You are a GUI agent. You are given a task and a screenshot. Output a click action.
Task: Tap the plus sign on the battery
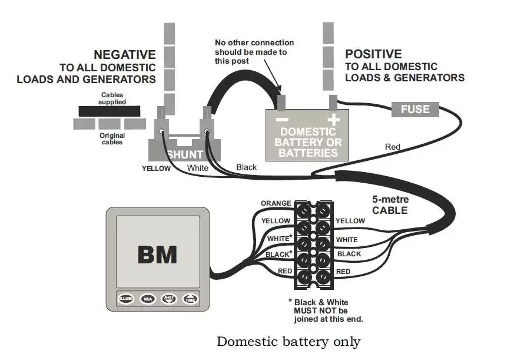pos(334,119)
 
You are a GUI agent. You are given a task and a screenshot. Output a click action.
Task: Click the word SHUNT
pos(185,154)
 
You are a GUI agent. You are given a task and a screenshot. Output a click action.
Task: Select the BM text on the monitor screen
pos(157,255)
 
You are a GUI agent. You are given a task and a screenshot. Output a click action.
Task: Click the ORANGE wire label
pos(276,203)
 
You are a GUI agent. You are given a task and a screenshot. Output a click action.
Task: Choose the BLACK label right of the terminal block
pos(349,254)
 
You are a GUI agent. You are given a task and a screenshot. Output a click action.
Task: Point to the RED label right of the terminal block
pos(343,272)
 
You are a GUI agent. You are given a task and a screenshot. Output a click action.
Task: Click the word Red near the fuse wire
pos(393,146)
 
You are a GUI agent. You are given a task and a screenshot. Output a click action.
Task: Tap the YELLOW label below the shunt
pos(156,169)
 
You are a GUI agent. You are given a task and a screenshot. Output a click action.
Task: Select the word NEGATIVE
pos(125,55)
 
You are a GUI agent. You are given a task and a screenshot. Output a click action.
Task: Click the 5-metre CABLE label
pos(390,205)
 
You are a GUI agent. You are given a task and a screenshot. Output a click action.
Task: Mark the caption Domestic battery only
pos(288,341)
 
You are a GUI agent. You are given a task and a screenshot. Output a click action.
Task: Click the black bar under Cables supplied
pos(110,111)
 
